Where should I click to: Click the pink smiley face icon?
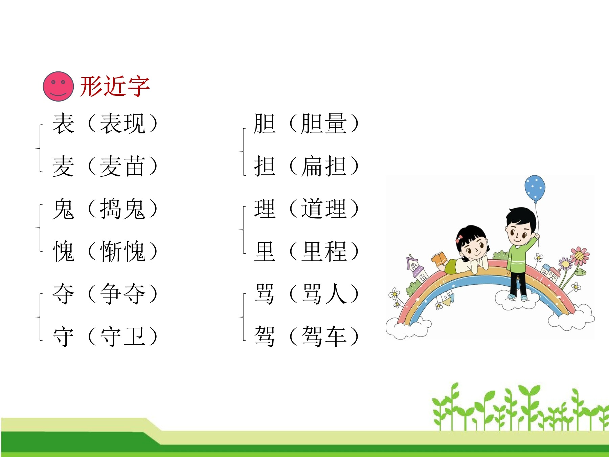click(58, 86)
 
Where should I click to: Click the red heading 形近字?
click(115, 86)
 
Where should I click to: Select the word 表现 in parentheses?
click(122, 123)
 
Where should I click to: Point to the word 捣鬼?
click(122, 209)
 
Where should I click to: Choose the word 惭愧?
click(122, 251)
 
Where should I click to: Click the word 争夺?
click(122, 293)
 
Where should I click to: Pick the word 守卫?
click(122, 336)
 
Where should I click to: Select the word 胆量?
click(324, 123)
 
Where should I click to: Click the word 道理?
click(324, 209)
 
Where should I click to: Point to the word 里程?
click(324, 251)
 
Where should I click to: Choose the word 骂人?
click(324, 293)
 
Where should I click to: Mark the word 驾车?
click(324, 336)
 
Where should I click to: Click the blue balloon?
click(535, 188)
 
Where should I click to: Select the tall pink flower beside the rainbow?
click(580, 256)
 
